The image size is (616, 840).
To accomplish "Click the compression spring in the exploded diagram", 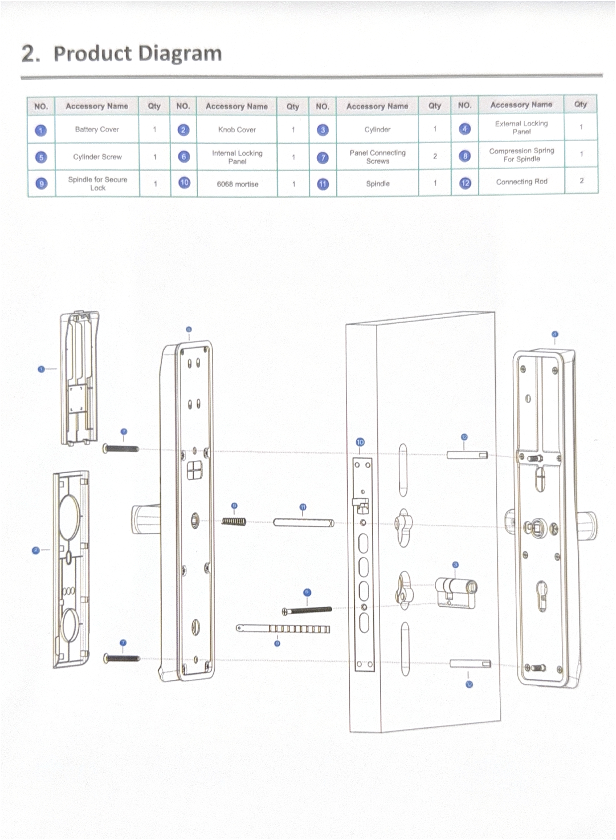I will coord(234,521).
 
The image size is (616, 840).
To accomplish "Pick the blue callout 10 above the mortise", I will coord(360,442).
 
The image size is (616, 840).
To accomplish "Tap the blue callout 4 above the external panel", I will coord(555,334).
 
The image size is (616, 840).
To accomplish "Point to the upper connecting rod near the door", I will coord(467,455).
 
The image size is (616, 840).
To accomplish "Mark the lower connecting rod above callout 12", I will coord(470,664).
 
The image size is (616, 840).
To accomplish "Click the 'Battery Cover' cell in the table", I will coord(97,129).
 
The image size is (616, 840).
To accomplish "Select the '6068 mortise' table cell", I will coord(237,184).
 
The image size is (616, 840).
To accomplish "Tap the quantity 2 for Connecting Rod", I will coord(581,181).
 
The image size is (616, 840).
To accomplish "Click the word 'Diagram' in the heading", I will coord(181,53).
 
